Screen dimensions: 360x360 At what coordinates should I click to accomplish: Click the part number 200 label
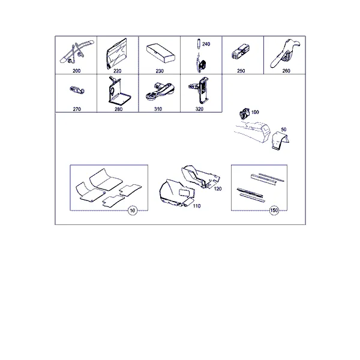pos(76,71)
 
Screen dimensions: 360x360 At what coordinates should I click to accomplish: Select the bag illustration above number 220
pos(117,54)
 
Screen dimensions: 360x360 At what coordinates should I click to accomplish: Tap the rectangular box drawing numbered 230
pos(161,53)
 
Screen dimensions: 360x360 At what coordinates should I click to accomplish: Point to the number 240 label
pos(206,44)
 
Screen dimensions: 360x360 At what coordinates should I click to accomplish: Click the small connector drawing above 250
pos(241,52)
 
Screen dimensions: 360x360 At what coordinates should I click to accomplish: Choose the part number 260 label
pos(286,71)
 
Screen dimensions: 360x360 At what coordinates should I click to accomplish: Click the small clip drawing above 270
pos(77,90)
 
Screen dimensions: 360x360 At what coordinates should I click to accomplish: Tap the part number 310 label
pos(158,109)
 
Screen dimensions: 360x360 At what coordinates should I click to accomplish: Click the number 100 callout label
pos(255,112)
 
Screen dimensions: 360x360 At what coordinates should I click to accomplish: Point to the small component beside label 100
pos(245,113)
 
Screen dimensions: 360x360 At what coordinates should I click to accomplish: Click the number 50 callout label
pos(284,130)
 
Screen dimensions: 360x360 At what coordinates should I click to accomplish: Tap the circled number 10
pos(133,211)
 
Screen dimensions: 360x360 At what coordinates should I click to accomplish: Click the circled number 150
pos(274,211)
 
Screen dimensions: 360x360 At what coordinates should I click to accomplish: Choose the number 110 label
pos(197,206)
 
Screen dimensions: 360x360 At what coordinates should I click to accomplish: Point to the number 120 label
pos(218,189)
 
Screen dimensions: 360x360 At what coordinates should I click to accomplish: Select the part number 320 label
pos(199,109)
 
